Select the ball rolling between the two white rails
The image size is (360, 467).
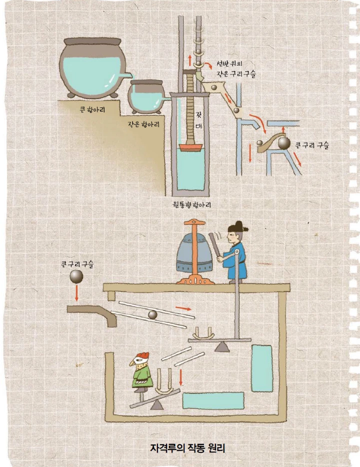(152, 314)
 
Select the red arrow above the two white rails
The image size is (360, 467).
(183, 309)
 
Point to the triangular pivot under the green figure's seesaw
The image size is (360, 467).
(157, 405)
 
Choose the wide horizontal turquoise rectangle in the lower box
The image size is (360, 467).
(213, 400)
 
